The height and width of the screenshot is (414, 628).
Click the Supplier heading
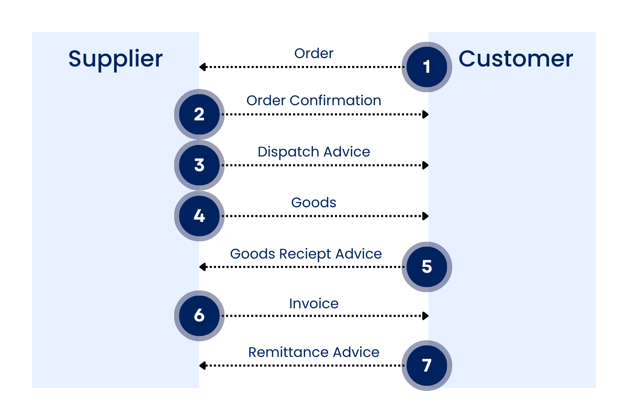coord(115,59)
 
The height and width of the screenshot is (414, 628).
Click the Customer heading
coord(515,58)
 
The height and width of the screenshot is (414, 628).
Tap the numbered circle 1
coord(427,67)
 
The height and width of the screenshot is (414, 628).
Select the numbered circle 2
coord(199,114)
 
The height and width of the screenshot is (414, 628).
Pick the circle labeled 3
coord(199,165)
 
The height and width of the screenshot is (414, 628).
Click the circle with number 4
coord(199,216)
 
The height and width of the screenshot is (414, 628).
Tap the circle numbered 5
coord(427,267)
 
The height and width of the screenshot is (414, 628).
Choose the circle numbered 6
coord(199,316)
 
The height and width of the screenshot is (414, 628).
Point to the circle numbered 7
coord(427,365)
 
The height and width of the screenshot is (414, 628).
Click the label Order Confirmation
coord(313,100)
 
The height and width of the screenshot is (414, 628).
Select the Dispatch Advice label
coord(313,152)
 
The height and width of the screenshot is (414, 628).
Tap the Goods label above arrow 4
coord(313,203)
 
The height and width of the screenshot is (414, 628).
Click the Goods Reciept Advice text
coord(306,254)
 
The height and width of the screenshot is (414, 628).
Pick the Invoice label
coord(313,304)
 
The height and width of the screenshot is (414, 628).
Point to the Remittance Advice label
coord(313,352)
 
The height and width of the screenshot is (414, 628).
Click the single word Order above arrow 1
coord(313,53)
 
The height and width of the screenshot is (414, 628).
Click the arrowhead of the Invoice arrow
coord(426,316)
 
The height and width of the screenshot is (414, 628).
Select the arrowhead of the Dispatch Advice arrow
coord(426,165)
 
